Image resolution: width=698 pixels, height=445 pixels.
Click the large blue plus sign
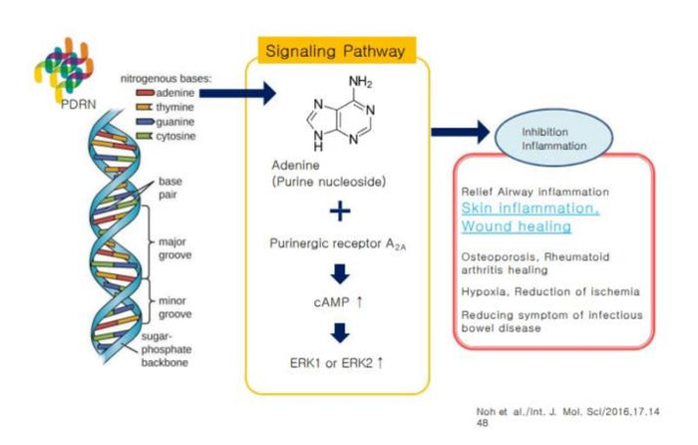341,212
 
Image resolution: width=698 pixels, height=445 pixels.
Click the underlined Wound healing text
516,226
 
